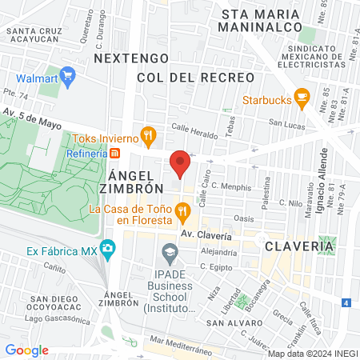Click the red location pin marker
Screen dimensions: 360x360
pos(180,164)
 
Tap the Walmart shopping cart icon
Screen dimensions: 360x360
pos(67,78)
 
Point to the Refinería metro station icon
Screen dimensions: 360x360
pos(115,153)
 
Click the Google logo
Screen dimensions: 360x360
pos(27,350)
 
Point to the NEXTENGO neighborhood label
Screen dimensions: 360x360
pos(131,58)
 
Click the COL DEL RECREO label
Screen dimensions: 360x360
pos(195,78)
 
